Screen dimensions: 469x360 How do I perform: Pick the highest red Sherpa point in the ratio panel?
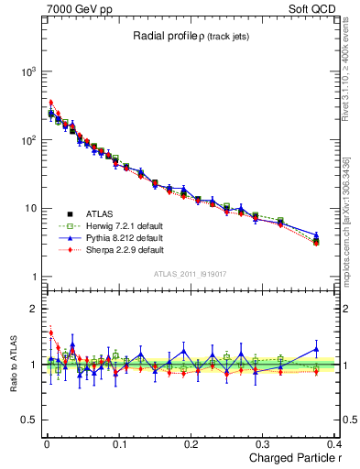50,333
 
